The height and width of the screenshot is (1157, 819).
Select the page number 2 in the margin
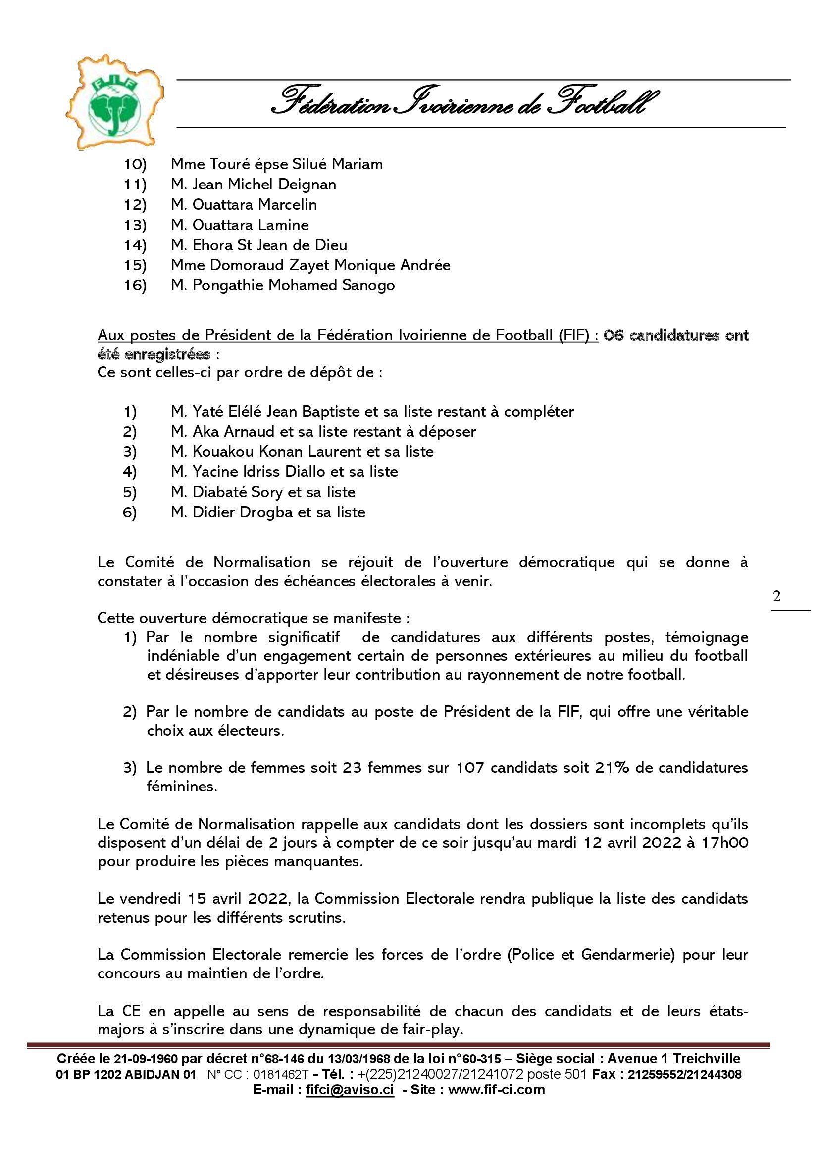(x=776, y=596)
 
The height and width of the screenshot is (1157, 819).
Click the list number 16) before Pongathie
(x=135, y=286)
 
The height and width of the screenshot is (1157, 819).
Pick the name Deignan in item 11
(x=307, y=185)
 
